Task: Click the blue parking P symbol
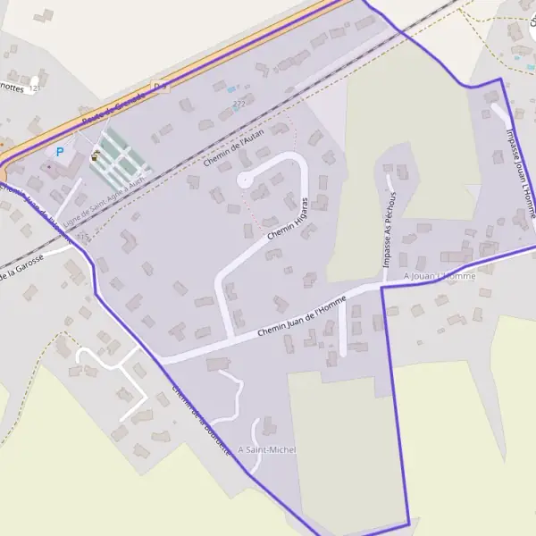click(x=60, y=152)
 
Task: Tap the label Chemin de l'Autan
click(x=235, y=145)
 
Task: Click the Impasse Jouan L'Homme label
click(x=521, y=173)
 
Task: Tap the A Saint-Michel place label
click(x=267, y=449)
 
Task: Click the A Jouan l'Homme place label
click(x=440, y=277)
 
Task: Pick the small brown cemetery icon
click(x=95, y=156)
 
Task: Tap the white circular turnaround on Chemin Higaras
click(x=244, y=180)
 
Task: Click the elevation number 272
click(x=238, y=105)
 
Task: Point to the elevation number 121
click(x=34, y=88)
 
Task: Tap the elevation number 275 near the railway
click(x=83, y=236)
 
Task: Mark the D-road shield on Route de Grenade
click(x=160, y=86)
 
